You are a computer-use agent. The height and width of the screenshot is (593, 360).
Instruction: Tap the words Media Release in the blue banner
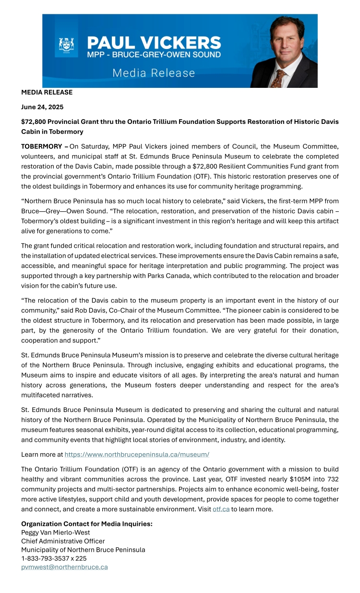point(154,73)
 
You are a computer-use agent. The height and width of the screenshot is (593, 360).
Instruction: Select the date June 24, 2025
point(42,107)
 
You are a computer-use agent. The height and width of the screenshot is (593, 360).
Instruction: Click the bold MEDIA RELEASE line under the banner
point(47,92)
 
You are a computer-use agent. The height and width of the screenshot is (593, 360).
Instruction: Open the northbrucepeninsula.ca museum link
point(137,454)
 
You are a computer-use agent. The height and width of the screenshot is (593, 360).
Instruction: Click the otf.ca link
point(221,509)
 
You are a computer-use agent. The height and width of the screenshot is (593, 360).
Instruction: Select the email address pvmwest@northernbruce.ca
point(64,567)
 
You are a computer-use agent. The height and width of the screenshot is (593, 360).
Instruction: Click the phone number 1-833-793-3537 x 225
point(54,558)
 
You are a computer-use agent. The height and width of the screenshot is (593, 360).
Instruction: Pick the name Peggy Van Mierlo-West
point(56,532)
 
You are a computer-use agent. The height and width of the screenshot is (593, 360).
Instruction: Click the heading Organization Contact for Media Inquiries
point(87,523)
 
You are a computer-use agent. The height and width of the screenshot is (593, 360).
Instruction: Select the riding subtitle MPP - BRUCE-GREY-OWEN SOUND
point(154,55)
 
